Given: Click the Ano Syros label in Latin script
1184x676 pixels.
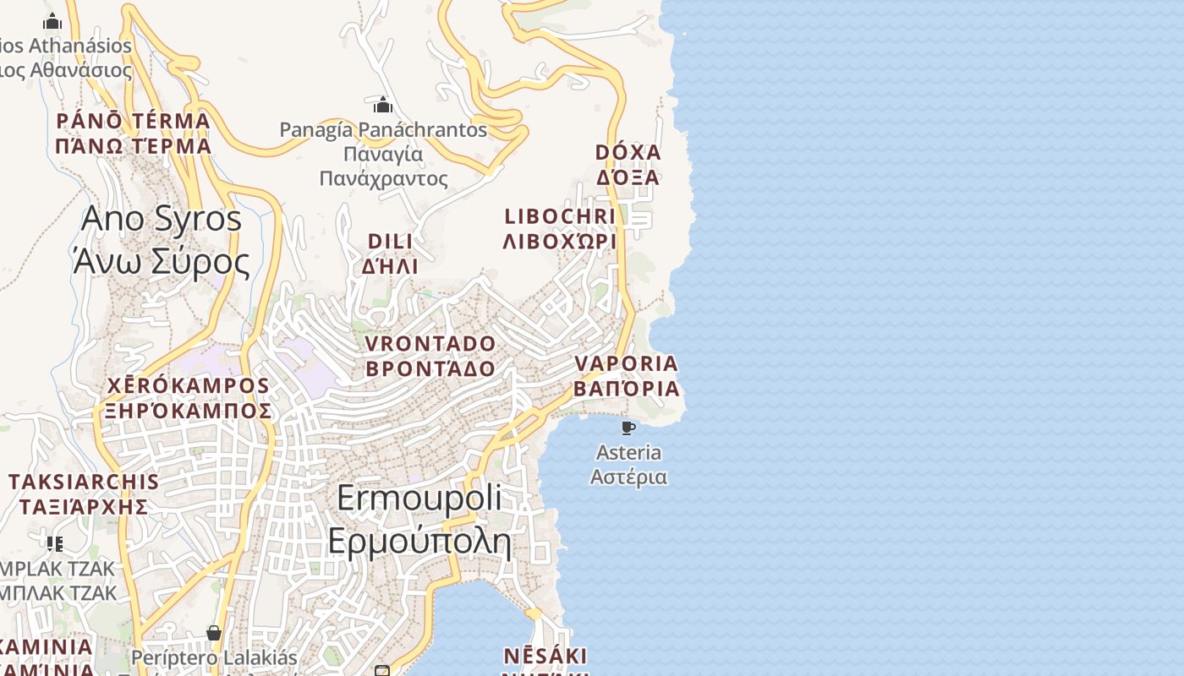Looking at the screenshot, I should pyautogui.click(x=162, y=220).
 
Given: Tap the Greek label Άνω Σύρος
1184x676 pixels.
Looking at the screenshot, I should pyautogui.click(x=162, y=262).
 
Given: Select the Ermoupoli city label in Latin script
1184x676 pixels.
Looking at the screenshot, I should pyautogui.click(x=419, y=499).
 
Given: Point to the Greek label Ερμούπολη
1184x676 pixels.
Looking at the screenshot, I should pyautogui.click(x=419, y=541).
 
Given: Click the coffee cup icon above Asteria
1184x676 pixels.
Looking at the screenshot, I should pyautogui.click(x=628, y=428).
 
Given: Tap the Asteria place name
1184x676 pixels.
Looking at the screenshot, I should pyautogui.click(x=628, y=452).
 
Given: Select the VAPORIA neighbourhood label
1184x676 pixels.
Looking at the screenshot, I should pyautogui.click(x=627, y=364).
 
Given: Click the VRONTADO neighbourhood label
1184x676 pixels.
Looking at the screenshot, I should pyautogui.click(x=430, y=344).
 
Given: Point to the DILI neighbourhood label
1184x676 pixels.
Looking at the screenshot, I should pyautogui.click(x=391, y=242).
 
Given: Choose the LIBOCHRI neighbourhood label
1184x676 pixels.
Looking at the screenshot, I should pyautogui.click(x=560, y=216).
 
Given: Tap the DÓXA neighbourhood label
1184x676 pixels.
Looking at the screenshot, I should pyautogui.click(x=628, y=153).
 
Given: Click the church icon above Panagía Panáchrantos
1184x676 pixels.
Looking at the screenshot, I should pyautogui.click(x=383, y=105).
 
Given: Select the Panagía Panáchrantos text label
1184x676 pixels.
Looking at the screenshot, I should pyautogui.click(x=383, y=130).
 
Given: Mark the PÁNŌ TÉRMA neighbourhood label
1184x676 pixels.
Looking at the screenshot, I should pyautogui.click(x=133, y=121).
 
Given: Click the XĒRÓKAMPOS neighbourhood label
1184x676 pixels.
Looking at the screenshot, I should pyautogui.click(x=188, y=386).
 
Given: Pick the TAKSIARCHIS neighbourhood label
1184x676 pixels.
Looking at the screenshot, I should pyautogui.click(x=84, y=482).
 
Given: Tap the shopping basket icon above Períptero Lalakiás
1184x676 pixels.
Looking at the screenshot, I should pyautogui.click(x=214, y=633).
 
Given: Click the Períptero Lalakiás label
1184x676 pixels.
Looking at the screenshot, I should pyautogui.click(x=214, y=657).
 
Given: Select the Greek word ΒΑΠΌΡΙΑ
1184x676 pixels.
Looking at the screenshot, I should pyautogui.click(x=627, y=390).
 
